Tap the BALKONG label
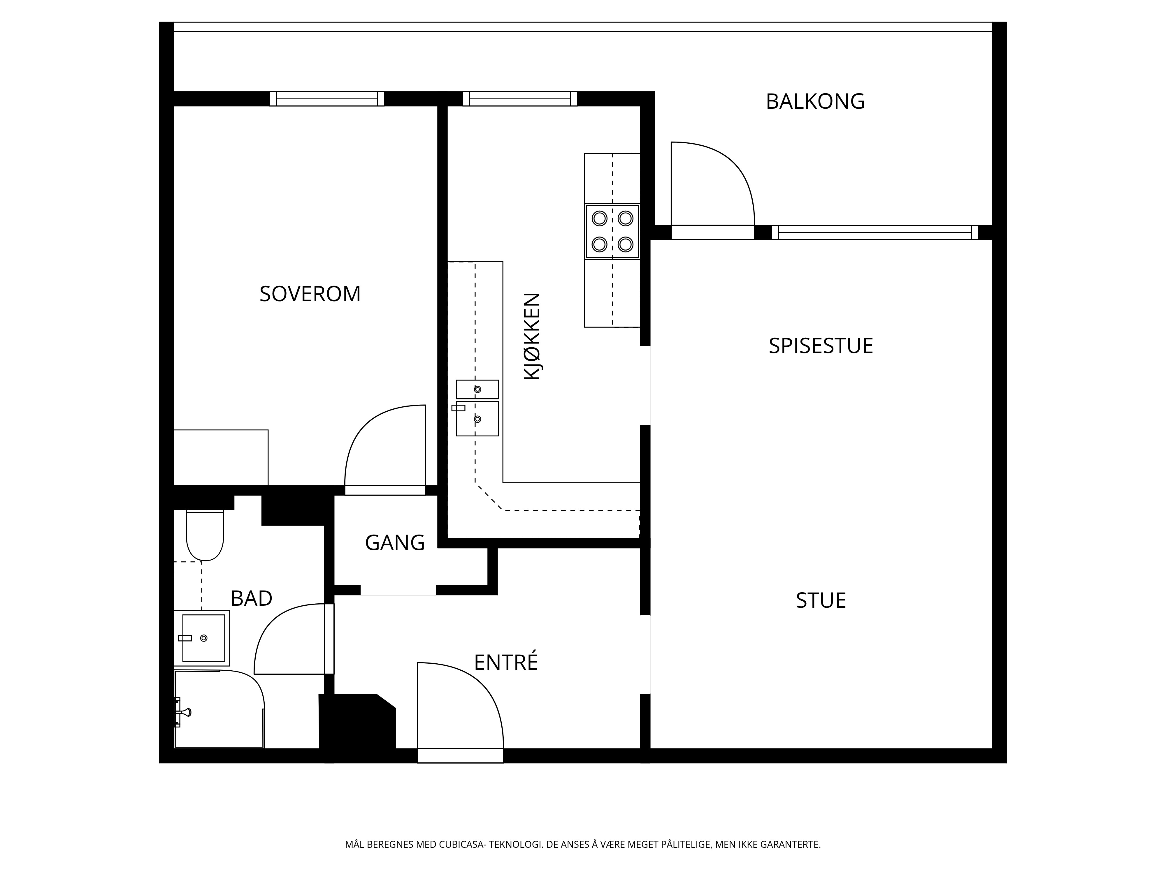tap(815, 101)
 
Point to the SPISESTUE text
tap(821, 346)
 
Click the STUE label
tap(821, 600)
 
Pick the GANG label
tap(395, 543)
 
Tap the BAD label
tap(252, 598)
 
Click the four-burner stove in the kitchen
tap(612, 231)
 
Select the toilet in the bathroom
tap(205, 535)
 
